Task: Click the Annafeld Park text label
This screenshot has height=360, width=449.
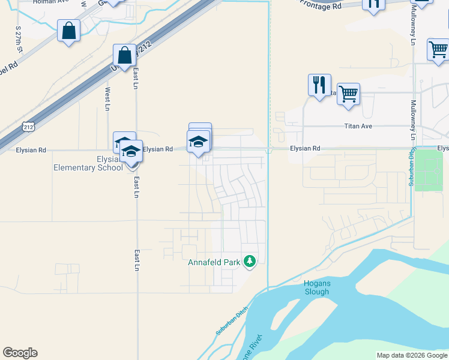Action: pos(214,262)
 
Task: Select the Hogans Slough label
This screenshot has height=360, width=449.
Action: pos(316,288)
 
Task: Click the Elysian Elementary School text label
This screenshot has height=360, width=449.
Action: pos(88,163)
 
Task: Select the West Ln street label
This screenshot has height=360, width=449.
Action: pos(108,99)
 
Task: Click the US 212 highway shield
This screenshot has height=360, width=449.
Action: pos(28,127)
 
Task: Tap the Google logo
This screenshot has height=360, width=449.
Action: pos(20,353)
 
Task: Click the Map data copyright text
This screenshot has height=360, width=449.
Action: pos(412,355)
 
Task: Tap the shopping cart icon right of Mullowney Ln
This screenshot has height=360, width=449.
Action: pos(438,49)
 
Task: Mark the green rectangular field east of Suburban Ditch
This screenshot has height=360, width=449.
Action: pos(428,169)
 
